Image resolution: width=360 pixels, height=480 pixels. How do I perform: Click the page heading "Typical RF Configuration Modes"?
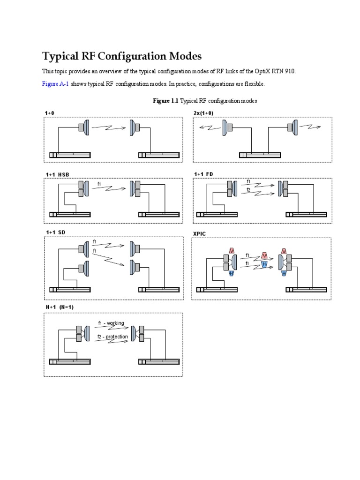click(122, 56)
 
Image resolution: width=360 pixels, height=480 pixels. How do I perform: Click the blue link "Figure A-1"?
click(55, 84)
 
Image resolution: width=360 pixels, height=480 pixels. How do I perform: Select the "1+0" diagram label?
click(50, 113)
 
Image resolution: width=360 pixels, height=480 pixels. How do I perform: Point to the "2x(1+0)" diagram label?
click(204, 113)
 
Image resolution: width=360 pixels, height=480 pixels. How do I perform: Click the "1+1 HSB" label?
click(57, 174)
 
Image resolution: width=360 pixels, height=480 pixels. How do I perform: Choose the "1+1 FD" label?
click(203, 174)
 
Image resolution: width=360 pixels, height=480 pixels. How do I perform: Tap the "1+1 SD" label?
click(55, 232)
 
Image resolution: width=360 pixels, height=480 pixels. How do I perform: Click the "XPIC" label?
click(200, 233)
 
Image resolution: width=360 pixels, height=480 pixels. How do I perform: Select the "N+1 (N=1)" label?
click(60, 307)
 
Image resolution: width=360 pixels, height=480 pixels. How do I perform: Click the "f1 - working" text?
click(111, 323)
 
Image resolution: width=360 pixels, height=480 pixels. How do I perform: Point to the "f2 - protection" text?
click(112, 337)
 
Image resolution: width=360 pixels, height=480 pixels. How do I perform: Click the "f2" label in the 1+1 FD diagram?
click(249, 190)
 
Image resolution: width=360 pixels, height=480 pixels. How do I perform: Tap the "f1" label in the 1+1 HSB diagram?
click(99, 184)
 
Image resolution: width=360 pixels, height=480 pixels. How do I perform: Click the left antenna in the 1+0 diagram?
click(84, 127)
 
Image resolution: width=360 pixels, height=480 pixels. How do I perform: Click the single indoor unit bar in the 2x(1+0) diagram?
click(260, 155)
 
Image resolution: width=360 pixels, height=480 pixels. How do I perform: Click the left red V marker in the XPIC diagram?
click(232, 250)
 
